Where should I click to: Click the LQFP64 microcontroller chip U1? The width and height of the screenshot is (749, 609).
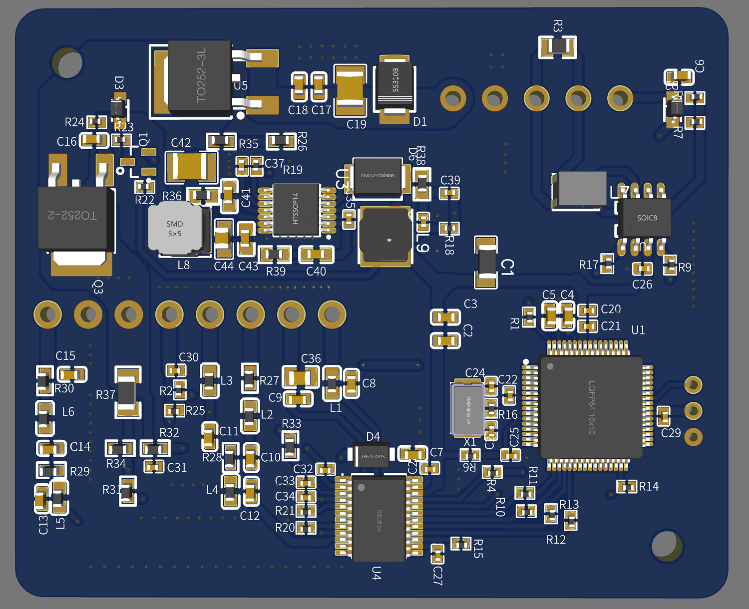coord(591,407)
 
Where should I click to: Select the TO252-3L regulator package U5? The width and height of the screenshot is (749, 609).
coord(200,76)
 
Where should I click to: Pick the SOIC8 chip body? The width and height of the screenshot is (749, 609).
coord(645,218)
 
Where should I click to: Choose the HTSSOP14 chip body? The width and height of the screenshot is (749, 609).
coord(296,210)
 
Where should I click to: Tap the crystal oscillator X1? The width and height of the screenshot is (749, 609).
coord(467,409)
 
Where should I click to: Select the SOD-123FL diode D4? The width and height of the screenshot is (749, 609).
coord(371,455)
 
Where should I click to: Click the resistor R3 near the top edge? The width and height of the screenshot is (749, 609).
coord(557,47)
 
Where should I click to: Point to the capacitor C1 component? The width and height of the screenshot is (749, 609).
coord(486,262)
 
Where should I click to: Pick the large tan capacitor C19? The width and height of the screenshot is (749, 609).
coord(350,90)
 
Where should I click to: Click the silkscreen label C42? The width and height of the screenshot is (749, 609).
coord(181,143)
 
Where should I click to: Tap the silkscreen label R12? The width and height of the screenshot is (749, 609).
coord(556,540)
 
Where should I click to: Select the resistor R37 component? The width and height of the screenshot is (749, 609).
coord(127,392)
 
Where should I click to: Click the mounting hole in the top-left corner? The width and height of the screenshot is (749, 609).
coord(67,63)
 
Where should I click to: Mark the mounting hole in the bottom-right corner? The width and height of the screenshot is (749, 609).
coord(667,546)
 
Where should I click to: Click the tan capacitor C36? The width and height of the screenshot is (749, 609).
coord(301,377)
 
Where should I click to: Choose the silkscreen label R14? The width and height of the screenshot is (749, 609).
coord(649,486)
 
